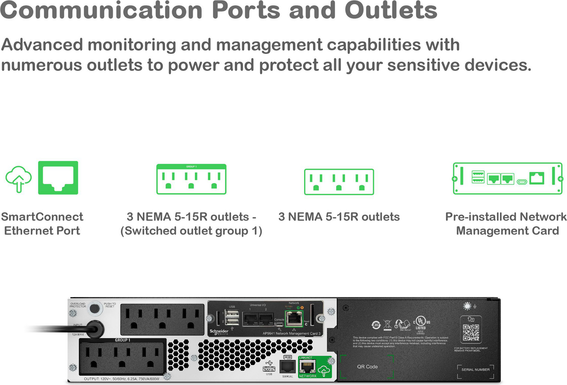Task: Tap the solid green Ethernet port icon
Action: click(x=58, y=178)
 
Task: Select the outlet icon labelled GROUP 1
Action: click(x=191, y=179)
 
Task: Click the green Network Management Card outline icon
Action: click(x=508, y=178)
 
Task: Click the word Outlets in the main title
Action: click(x=391, y=10)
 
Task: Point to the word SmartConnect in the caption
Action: click(x=42, y=217)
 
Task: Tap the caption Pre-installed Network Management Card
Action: click(x=507, y=224)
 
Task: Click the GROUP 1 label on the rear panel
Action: click(x=122, y=340)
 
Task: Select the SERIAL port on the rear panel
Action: click(x=287, y=366)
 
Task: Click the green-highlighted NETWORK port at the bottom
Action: click(x=307, y=367)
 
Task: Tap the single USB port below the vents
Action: click(x=269, y=368)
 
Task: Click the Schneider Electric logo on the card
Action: click(x=219, y=332)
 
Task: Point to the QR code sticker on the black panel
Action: click(x=471, y=332)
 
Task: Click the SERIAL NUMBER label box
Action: click(x=475, y=370)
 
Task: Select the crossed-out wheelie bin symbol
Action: click(x=387, y=324)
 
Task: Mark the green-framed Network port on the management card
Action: click(x=294, y=317)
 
